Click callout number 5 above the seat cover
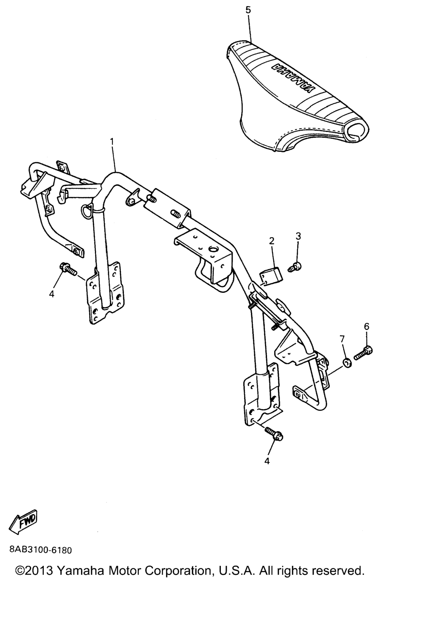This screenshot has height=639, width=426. point(248,10)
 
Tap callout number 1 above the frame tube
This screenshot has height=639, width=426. point(112,141)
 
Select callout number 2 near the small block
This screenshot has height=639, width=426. point(271,241)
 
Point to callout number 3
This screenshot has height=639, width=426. point(298,236)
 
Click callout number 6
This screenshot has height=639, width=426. point(367,326)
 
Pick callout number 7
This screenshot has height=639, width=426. point(342,339)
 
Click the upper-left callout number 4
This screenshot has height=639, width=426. point(52,294)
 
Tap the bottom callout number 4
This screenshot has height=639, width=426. point(267,461)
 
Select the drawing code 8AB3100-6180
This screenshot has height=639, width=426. point(40,550)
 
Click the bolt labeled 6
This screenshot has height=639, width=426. point(364,353)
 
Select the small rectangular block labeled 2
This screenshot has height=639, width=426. point(270,276)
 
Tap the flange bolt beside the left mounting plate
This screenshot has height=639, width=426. point(68,269)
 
